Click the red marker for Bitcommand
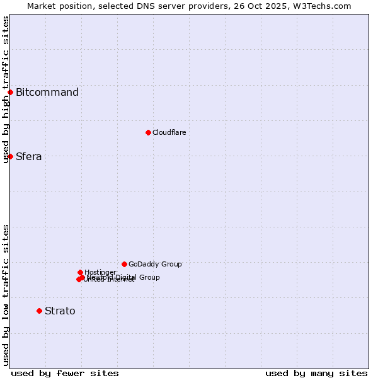10,93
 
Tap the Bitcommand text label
47,93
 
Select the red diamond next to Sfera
10,156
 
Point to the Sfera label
29,157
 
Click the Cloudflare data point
148,132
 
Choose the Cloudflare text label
169,133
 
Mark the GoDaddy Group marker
124,264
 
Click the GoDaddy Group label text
155,265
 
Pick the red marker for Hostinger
80,272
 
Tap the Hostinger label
100,272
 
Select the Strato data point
39,311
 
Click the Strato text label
60,311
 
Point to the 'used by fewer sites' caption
65,373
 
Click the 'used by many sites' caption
316,373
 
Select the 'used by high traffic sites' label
6,89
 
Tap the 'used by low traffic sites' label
6,295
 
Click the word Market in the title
41,6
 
